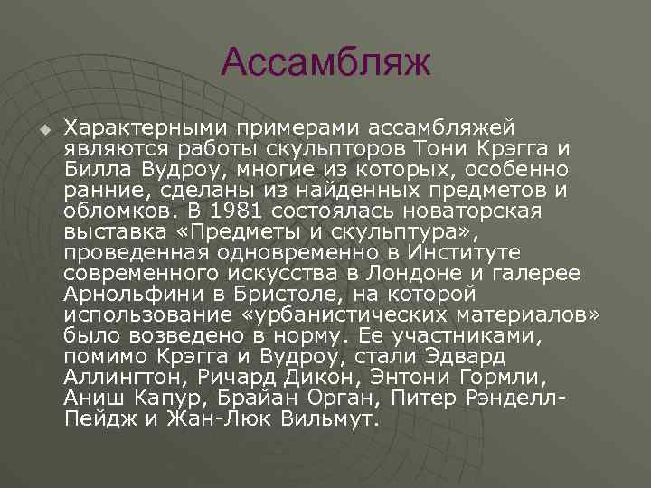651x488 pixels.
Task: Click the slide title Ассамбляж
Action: [x=325, y=63]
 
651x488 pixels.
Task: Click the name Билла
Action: [x=99, y=169]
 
